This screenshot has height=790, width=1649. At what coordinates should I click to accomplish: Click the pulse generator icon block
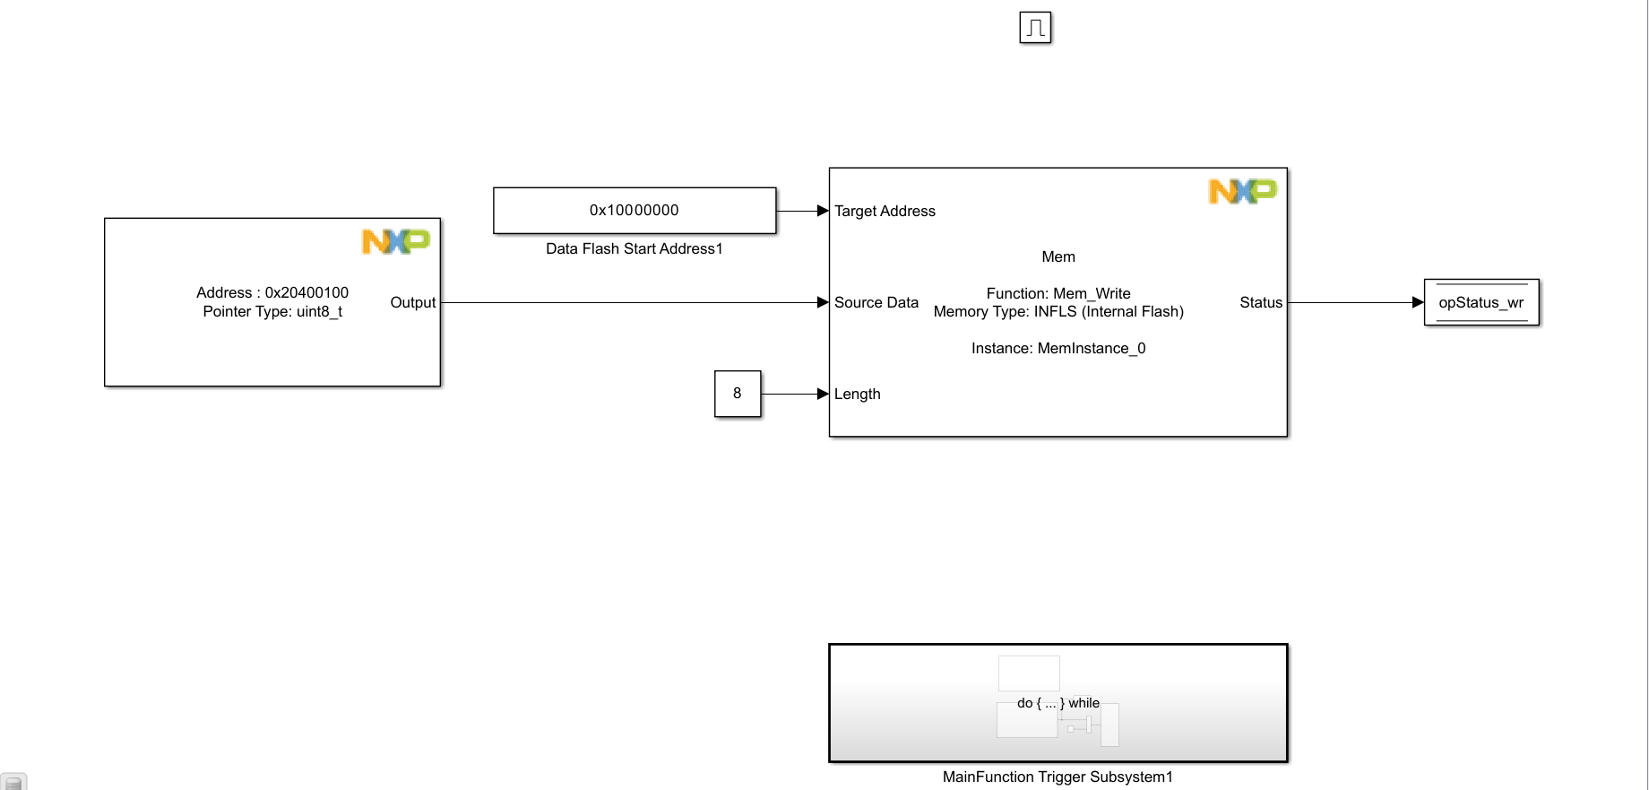[1035, 28]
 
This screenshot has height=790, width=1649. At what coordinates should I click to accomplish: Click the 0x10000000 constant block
[635, 211]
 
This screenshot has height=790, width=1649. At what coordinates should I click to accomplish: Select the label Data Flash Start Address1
[635, 249]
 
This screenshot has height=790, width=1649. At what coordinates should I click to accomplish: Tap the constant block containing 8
[738, 394]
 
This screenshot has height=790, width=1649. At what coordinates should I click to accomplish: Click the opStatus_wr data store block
[1481, 303]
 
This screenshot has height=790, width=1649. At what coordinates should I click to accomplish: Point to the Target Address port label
[885, 212]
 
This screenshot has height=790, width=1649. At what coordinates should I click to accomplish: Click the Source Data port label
[876, 303]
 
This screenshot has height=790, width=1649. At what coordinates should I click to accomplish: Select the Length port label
[857, 395]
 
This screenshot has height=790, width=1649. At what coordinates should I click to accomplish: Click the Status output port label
[1260, 303]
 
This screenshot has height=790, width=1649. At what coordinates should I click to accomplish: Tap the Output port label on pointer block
[412, 303]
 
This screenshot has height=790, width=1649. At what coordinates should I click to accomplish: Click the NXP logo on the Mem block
[1242, 191]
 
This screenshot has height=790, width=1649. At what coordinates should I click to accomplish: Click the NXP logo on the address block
[395, 241]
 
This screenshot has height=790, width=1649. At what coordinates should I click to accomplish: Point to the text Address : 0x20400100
[272, 293]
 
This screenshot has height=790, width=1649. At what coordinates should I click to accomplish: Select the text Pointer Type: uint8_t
[272, 312]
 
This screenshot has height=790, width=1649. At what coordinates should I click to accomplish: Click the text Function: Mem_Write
[1058, 294]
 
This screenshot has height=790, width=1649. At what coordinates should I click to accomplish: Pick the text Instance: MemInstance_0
[1058, 349]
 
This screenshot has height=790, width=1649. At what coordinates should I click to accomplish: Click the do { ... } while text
[1058, 704]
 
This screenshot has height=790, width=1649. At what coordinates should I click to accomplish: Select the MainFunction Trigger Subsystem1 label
[1058, 777]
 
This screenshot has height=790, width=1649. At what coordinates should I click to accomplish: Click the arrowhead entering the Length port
[823, 395]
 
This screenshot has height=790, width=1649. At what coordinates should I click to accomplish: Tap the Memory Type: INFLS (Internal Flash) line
[1058, 312]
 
